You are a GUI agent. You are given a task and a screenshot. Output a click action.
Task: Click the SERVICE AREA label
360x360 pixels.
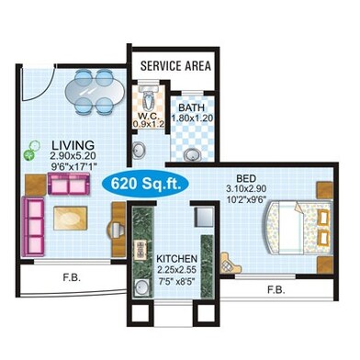point(175,66)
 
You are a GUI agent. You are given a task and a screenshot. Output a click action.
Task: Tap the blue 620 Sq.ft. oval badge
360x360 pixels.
point(145,184)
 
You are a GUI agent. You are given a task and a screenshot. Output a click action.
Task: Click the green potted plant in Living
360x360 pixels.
point(31,150)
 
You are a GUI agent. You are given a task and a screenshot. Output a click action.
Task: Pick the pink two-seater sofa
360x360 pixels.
point(69,184)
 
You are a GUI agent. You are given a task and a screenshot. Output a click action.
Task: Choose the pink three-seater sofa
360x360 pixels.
point(33,227)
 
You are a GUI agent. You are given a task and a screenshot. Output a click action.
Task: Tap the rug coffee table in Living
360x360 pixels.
point(71,219)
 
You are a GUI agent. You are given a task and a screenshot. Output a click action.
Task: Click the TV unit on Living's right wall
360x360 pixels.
point(118,230)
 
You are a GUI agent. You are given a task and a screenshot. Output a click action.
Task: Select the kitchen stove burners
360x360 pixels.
point(141,249)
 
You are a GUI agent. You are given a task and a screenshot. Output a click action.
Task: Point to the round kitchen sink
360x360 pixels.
point(141,287)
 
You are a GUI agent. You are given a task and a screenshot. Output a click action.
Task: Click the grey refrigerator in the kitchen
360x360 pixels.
point(205,217)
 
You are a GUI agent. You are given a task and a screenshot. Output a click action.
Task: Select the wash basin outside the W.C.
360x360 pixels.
point(140,151)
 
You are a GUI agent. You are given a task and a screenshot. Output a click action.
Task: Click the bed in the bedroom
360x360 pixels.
point(298,227)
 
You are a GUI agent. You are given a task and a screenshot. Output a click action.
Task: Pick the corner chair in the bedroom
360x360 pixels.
point(230,263)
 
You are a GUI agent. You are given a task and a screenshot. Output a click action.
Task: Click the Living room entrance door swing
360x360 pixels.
point(38,83)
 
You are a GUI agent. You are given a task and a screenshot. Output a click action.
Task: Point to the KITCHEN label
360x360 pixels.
point(176,259)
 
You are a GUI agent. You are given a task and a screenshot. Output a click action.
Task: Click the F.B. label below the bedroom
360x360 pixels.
point(276,289)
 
